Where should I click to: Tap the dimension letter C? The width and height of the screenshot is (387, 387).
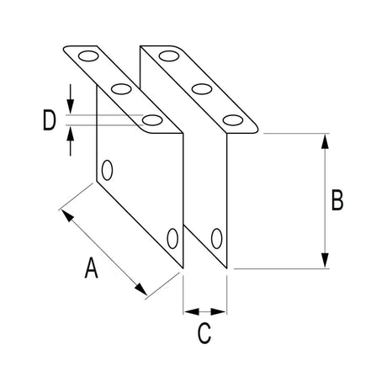(x=204, y=333)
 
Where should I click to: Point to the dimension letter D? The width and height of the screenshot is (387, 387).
(x=50, y=121)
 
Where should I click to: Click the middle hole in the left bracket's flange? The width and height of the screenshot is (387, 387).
(x=120, y=88)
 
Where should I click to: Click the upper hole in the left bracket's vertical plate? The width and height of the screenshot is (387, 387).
(x=106, y=171)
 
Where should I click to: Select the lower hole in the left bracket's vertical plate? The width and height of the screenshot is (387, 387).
(x=172, y=238)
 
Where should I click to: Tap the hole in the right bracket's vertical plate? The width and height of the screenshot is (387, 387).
(x=216, y=238)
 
